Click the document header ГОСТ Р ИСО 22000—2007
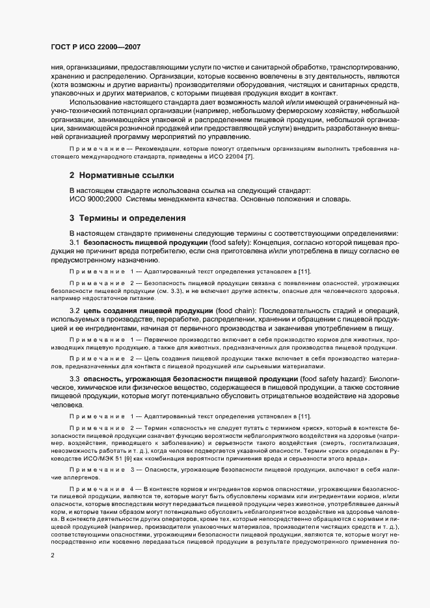[x=96, y=47]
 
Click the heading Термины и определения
[x=128, y=218]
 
